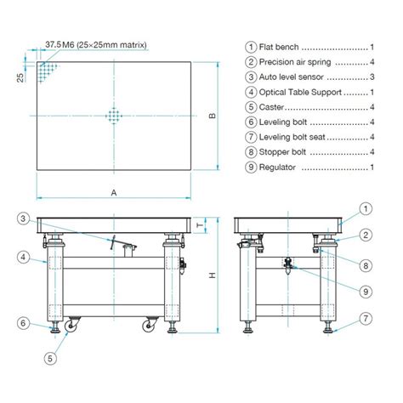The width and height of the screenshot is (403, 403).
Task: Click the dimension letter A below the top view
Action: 114,193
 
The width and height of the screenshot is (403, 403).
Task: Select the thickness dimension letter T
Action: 199,225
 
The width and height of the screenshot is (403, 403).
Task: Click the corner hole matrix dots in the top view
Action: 47,69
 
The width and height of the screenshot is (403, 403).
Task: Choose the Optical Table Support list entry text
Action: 295,93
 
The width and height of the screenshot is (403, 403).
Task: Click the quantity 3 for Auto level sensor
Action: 372,77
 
